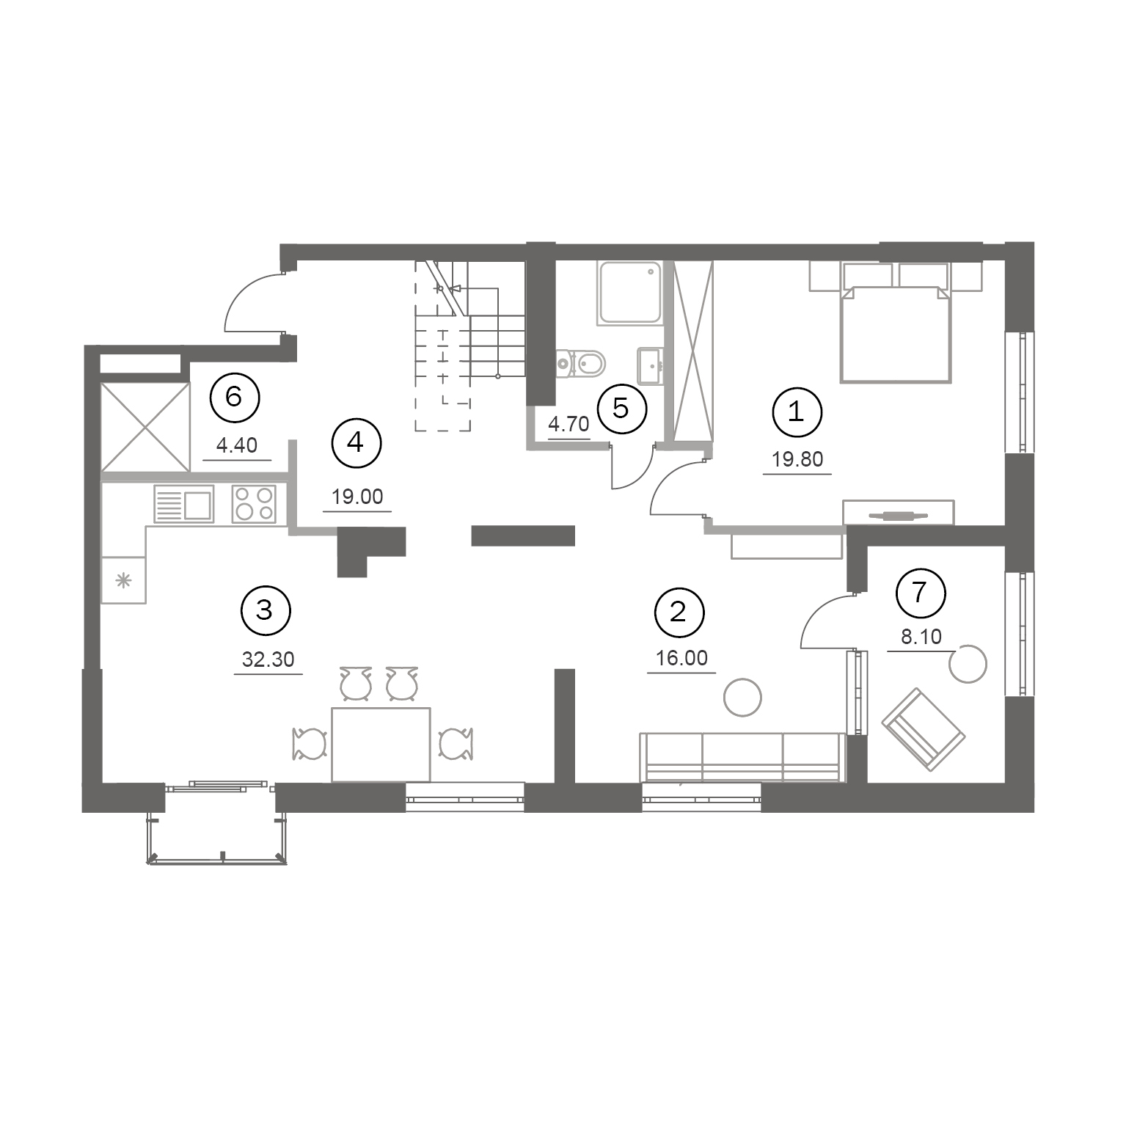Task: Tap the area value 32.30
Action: click(268, 659)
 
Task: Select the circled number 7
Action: click(921, 592)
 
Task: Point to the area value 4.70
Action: click(569, 424)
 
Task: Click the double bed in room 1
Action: click(896, 334)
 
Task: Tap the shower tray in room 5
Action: click(630, 292)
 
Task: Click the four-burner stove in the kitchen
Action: click(254, 504)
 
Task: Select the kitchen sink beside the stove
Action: click(183, 504)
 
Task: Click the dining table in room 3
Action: click(381, 744)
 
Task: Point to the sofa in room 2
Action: click(742, 758)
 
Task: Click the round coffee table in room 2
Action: click(742, 696)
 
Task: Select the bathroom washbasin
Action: click(651, 365)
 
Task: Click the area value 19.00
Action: click(357, 497)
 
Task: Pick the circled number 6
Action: click(234, 398)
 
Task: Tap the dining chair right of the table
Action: click(456, 743)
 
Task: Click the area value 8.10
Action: click(921, 637)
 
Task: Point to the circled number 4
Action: click(357, 442)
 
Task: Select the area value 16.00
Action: click(682, 658)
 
